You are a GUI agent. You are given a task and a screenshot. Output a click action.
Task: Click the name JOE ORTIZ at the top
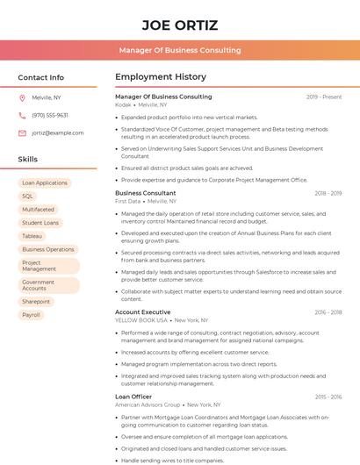coord(179,25)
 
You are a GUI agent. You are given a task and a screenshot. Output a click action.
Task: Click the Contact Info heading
coord(40,77)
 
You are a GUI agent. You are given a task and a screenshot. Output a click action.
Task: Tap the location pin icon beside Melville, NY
coord(22,97)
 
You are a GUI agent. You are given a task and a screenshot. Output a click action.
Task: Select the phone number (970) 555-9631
coord(50,115)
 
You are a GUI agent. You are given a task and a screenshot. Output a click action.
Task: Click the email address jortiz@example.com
coord(57,132)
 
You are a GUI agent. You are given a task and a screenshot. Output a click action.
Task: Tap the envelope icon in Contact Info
coord(22,132)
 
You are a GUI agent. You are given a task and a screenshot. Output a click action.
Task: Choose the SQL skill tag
coord(28,197)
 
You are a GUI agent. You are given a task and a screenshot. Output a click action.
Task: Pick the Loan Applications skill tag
coord(45,183)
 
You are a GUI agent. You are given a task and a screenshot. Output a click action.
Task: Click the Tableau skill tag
coord(32,236)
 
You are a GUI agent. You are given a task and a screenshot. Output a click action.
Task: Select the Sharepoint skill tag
coord(37,302)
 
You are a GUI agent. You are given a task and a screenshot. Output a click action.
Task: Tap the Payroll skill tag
coord(32,315)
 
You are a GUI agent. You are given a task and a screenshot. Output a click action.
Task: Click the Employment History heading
coord(160,77)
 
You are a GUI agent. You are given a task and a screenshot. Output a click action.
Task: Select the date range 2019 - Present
coord(324,97)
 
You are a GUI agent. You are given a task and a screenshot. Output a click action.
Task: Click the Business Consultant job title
coord(146,193)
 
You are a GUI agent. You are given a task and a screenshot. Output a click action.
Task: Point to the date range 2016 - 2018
coord(328,312)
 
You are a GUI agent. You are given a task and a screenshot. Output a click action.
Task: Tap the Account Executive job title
coord(143,312)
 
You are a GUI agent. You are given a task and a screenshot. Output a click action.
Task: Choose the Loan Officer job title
coord(133,397)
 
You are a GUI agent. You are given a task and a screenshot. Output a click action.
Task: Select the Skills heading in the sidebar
coord(28,160)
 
